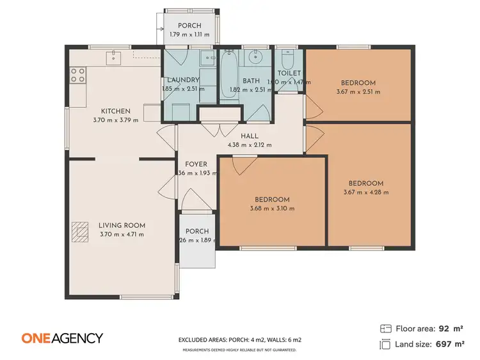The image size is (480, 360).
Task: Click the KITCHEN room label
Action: pos(115,111)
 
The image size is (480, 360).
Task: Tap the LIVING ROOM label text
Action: pos(122,225)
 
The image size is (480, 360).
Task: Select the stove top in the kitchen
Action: pos(77,75)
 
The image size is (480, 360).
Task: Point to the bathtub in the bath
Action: pos(230,75)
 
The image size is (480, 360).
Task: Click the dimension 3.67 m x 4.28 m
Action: pos(366,192)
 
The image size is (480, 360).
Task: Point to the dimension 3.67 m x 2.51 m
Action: pos(358,91)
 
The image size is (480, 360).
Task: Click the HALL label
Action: pos(250,136)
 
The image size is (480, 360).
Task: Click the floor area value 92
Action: pos(443,329)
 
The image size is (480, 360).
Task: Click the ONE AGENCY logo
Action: pos(62,338)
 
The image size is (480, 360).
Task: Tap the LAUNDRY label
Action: pos(184,81)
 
